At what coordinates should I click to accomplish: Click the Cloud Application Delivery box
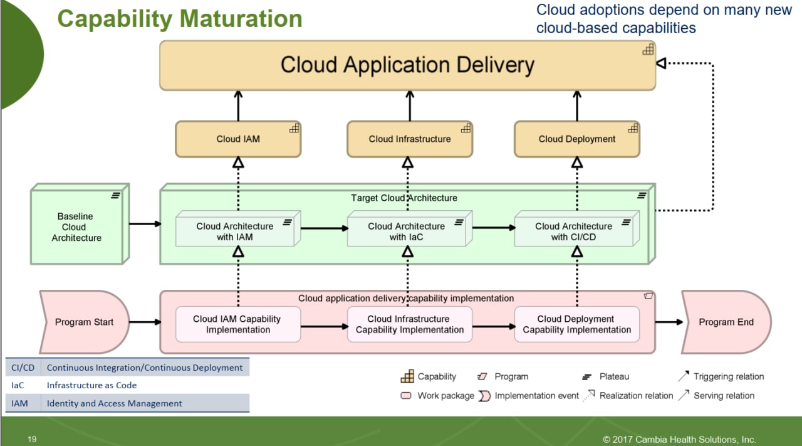click(407, 65)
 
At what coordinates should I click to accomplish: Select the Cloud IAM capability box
click(238, 139)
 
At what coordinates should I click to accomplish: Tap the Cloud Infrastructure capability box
click(410, 139)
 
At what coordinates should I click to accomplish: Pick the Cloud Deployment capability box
click(577, 139)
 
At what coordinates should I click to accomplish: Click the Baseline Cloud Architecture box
click(80, 225)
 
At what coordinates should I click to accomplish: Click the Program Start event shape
click(84, 322)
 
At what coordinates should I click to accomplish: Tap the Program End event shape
click(726, 322)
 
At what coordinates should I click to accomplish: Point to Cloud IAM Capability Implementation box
click(238, 324)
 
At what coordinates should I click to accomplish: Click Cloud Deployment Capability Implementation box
click(577, 324)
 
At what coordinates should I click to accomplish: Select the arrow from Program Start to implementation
click(145, 322)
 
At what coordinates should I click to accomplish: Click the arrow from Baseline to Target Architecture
click(145, 224)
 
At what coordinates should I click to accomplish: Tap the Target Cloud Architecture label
click(404, 198)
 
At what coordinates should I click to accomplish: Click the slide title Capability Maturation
click(180, 19)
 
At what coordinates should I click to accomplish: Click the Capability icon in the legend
click(407, 376)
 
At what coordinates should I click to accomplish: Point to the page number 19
click(32, 439)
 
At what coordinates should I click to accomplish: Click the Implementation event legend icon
click(484, 396)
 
